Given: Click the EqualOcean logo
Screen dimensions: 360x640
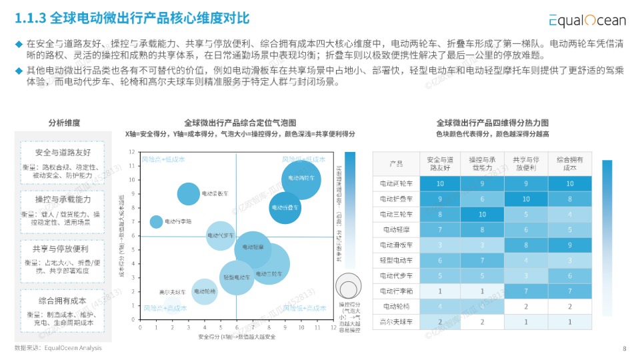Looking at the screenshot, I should (x=587, y=20).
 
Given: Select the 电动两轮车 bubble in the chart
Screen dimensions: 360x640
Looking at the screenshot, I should (x=301, y=179).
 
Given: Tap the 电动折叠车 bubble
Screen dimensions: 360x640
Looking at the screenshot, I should (x=285, y=207).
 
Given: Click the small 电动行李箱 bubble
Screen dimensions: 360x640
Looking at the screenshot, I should (x=156, y=221).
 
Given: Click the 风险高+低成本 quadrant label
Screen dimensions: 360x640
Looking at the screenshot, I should (x=163, y=159).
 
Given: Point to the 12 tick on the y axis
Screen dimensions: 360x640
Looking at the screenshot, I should (x=133, y=152).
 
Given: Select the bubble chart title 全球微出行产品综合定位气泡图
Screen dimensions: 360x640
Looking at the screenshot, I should (x=239, y=123).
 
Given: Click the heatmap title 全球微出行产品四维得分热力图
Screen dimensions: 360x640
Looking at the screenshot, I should (x=492, y=123).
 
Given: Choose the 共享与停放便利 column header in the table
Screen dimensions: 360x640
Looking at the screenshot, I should (x=526, y=164).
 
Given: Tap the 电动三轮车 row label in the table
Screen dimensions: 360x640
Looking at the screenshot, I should (x=396, y=215).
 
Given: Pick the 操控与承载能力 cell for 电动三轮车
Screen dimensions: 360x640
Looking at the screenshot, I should (x=483, y=215).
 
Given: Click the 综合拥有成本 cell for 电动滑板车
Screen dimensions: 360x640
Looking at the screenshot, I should (x=569, y=245).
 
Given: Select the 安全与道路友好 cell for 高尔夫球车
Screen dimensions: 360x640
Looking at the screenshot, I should (x=440, y=322).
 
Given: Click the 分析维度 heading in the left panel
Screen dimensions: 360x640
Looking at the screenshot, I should (x=64, y=123).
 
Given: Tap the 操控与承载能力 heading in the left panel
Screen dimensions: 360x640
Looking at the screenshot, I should (x=62, y=199).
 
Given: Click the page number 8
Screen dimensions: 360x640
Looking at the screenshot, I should (x=624, y=348).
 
